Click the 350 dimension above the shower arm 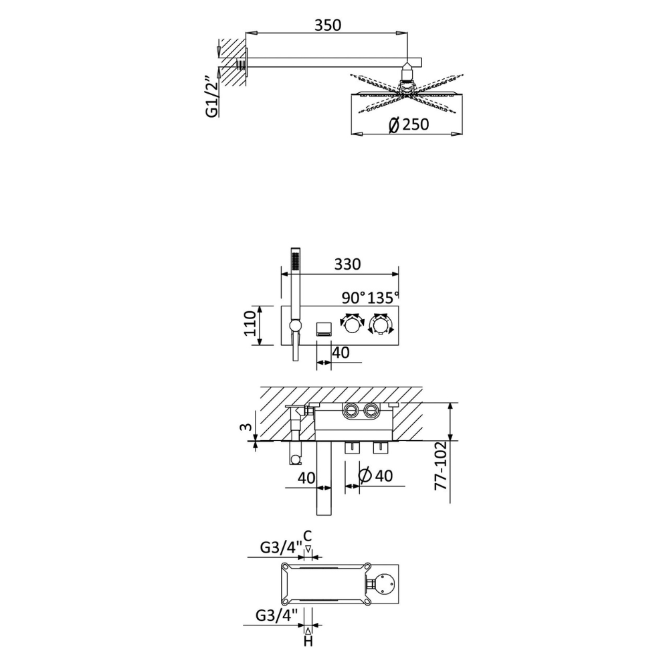point(328,25)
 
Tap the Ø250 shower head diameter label point(409,124)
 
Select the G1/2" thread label point(212,97)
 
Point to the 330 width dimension point(347,264)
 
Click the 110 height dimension point(250,324)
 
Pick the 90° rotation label point(354,298)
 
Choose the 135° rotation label point(383,298)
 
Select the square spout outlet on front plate point(323,330)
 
